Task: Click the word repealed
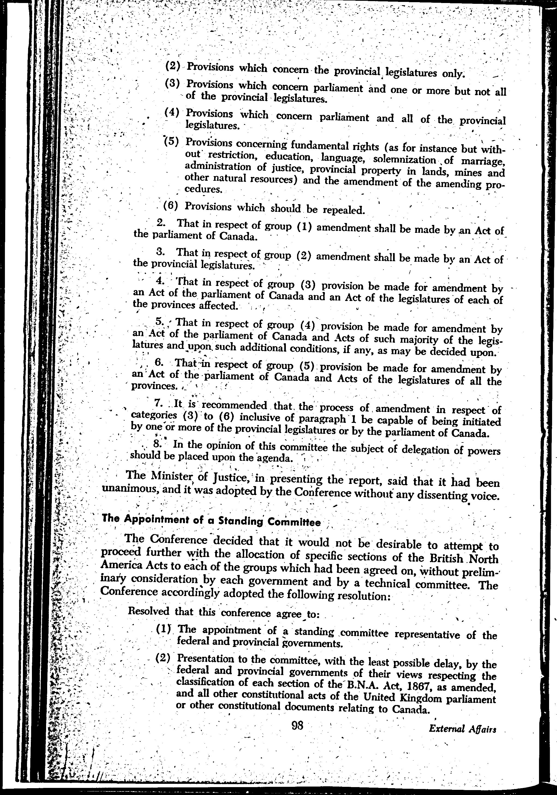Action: click(343, 210)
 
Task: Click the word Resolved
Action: click(149, 611)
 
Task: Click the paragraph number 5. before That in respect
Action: click(159, 322)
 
